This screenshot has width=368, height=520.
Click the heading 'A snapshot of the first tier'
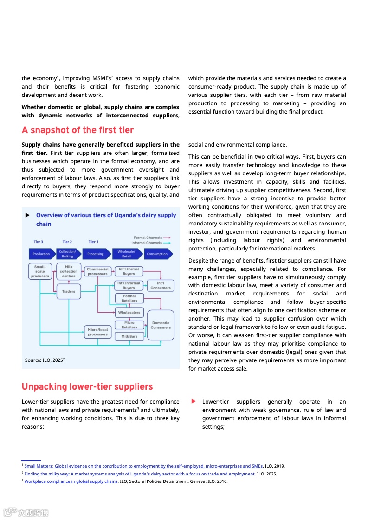pos(77,130)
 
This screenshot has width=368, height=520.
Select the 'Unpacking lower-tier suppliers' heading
pos(87,387)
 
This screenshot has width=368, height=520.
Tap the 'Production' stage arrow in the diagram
pos(41,254)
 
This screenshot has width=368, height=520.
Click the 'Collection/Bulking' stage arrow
pos(68,254)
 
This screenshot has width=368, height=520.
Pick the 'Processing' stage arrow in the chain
pos(95,254)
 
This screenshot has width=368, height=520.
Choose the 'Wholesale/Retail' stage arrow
pos(126,254)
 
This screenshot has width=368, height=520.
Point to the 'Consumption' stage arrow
pos(158,254)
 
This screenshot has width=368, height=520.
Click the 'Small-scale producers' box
pos(40,271)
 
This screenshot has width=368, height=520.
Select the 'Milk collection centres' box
pos(69,271)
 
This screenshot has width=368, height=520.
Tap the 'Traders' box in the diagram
pos(69,292)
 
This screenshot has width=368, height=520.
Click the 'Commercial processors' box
pos(97,271)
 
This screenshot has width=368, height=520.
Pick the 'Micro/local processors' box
pos(97,332)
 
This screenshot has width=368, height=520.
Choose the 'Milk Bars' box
pos(129,336)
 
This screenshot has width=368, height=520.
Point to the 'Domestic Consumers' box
pos(161,325)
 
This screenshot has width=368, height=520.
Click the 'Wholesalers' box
pos(129,313)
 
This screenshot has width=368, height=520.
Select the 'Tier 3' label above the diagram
pos(39,242)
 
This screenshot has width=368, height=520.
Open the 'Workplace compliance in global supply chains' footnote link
pos(71,481)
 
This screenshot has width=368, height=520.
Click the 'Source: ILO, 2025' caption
pos(45,360)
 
